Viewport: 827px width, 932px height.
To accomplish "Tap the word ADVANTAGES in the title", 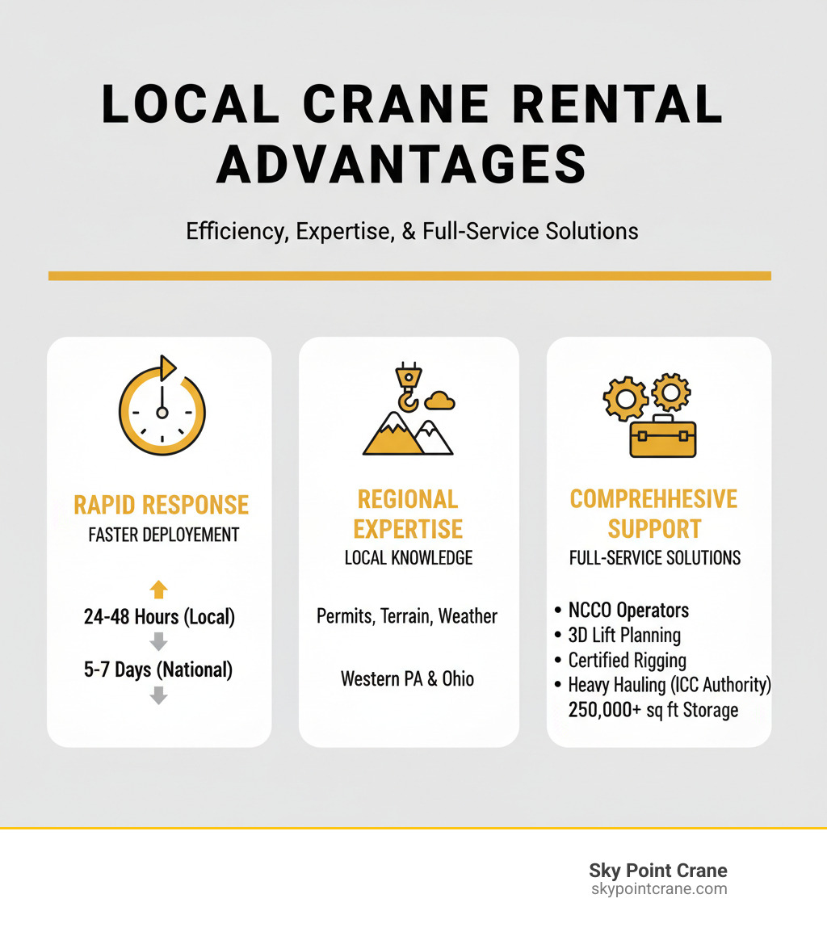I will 401,164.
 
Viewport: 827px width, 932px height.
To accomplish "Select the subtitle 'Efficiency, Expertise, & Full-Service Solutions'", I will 412,231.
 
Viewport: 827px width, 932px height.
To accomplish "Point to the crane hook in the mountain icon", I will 406,389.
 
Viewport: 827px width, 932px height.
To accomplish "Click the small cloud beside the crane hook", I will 440,400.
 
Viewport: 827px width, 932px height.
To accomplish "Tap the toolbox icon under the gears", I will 662,436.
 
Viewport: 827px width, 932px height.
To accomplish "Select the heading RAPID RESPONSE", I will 161,506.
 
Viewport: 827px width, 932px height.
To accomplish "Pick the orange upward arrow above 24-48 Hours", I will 159,588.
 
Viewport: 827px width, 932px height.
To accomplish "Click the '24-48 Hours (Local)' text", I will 159,617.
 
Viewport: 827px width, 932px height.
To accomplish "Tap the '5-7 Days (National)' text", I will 159,669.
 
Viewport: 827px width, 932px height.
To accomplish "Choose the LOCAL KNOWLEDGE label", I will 408,557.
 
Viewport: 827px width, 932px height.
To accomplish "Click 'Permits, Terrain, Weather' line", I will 407,617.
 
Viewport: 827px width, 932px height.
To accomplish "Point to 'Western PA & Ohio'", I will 407,678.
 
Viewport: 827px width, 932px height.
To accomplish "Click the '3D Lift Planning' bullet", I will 624,636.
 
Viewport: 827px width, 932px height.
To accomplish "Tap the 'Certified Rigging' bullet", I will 627,661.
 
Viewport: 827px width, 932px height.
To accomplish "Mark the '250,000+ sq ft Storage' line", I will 653,710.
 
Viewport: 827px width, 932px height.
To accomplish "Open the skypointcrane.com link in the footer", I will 658,889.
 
